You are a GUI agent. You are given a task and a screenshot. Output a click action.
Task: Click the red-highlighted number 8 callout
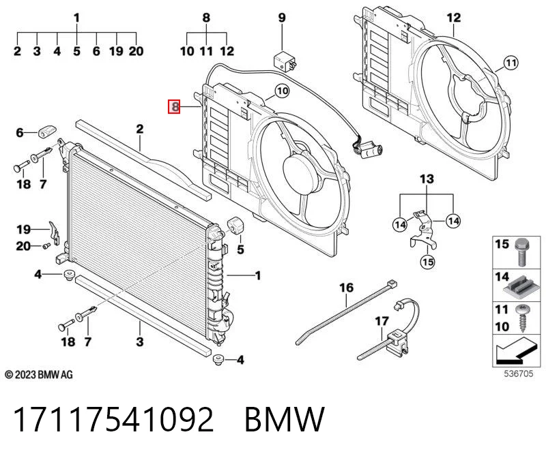coord(174,107)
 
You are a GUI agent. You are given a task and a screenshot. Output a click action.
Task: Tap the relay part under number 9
coord(285,61)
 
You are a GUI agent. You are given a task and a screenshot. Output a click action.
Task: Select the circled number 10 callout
coord(282,91)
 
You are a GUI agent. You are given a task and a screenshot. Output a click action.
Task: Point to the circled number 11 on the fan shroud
coord(511,63)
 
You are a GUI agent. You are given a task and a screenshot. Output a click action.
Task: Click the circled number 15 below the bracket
coord(428,262)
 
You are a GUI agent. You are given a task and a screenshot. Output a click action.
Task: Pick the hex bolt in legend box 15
coord(521,251)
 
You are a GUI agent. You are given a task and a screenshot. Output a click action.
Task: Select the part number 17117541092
coord(113,419)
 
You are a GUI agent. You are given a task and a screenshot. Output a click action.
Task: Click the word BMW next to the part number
coord(285,419)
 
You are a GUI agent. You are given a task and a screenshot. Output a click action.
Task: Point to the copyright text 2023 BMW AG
coord(39,375)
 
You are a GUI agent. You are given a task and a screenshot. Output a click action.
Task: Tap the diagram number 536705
coord(519,373)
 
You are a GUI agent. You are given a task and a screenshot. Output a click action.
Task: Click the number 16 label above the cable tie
coord(346,288)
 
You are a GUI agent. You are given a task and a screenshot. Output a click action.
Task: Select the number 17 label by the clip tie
coord(382,321)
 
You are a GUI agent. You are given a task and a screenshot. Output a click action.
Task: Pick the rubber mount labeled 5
coord(235,226)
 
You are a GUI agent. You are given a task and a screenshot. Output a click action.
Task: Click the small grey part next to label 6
coord(47,132)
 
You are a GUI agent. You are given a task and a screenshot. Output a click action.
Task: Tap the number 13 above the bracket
coord(427,179)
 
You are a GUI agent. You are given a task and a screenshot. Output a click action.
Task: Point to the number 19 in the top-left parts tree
coord(116,51)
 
